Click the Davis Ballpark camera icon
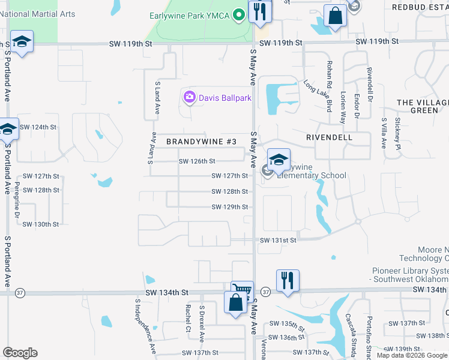tap(190, 97)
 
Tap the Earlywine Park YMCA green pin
tap(239, 14)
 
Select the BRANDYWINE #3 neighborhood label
tap(201, 142)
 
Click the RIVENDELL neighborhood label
tap(329, 137)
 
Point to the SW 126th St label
tap(197, 161)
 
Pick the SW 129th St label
tap(229, 207)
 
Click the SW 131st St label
tap(278, 240)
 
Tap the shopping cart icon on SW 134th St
tap(242, 290)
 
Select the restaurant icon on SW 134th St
tap(288, 280)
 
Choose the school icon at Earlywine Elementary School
tap(279, 160)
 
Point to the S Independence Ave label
tap(144, 327)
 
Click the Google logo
tap(20, 353)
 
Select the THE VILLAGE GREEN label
tap(423, 106)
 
